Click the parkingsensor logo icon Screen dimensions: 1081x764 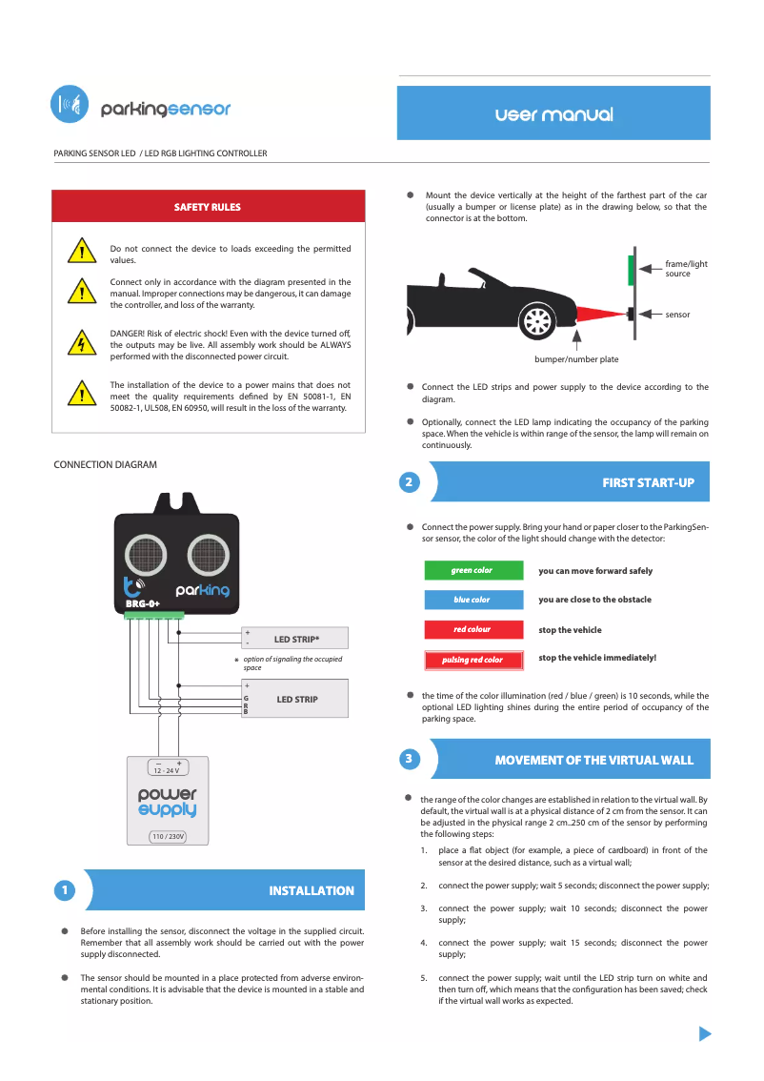tap(69, 105)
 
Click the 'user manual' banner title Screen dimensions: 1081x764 tap(553, 114)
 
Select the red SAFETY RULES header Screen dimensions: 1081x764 tap(208, 207)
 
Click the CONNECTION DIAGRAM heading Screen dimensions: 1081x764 tap(105, 465)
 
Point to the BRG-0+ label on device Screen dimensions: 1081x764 tap(143, 604)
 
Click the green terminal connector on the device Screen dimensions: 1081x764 tap(153, 615)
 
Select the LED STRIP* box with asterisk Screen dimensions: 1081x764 tap(295, 639)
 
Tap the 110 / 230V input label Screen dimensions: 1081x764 tap(168, 836)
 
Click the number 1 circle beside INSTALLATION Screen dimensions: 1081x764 tap(63, 890)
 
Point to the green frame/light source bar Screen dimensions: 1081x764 tap(631, 270)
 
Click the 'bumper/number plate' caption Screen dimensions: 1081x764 tap(576, 359)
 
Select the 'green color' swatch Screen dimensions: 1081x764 tap(472, 571)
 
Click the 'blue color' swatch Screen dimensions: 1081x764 tap(472, 600)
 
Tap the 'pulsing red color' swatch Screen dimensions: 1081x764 tap(472, 660)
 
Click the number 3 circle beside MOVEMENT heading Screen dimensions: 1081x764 tap(408, 760)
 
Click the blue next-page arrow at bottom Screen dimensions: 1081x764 tap(705, 1034)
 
